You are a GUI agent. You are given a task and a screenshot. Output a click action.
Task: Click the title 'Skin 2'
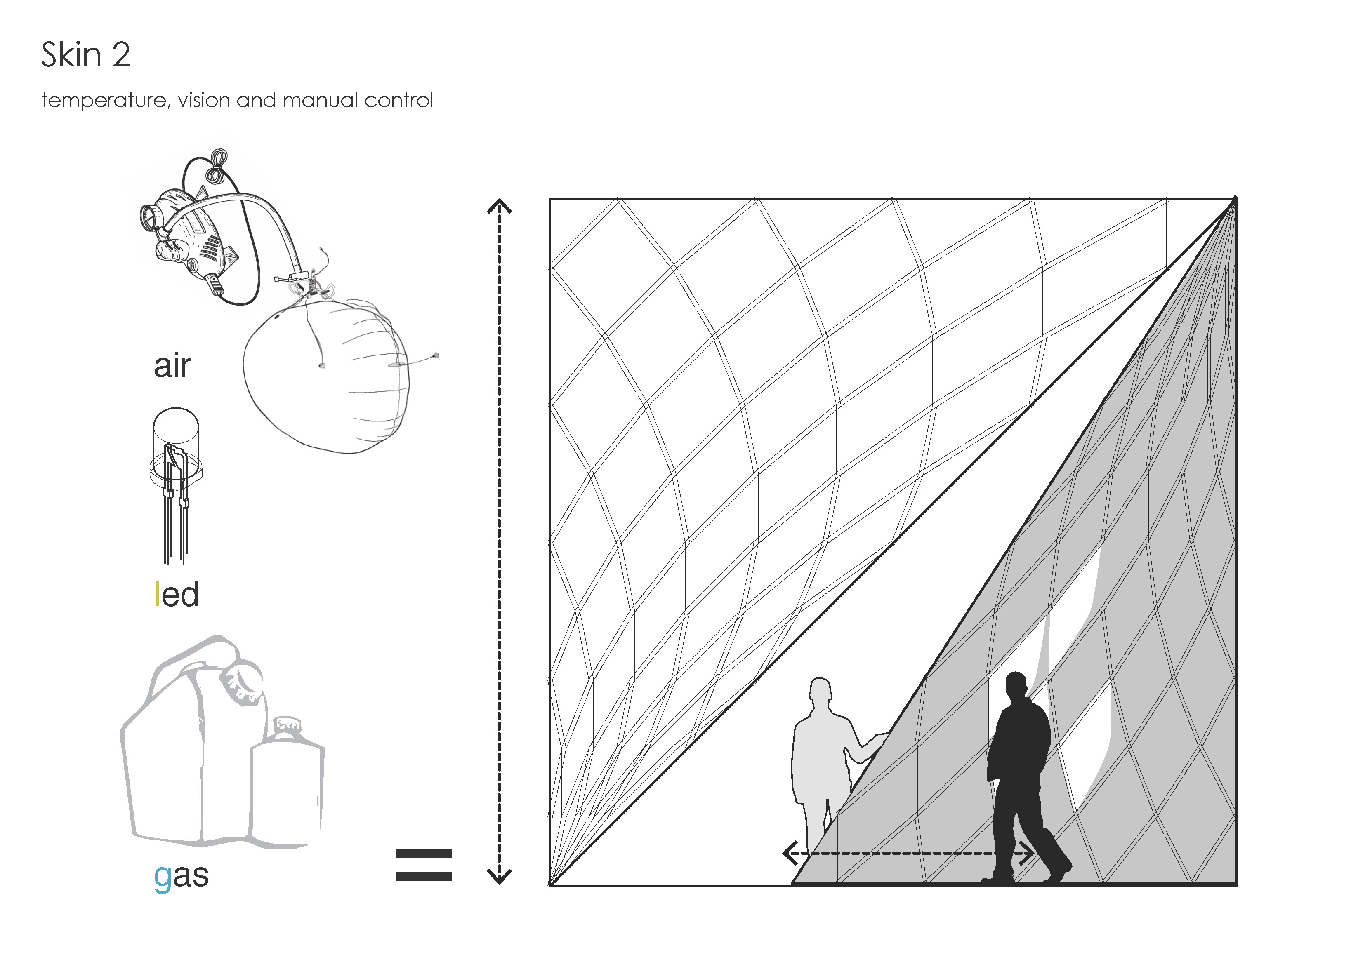(x=85, y=55)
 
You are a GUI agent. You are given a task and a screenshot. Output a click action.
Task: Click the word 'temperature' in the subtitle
(x=105, y=101)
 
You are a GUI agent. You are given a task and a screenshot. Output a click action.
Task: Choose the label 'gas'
(x=181, y=876)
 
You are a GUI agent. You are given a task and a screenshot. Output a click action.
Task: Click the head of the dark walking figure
(x=1016, y=686)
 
